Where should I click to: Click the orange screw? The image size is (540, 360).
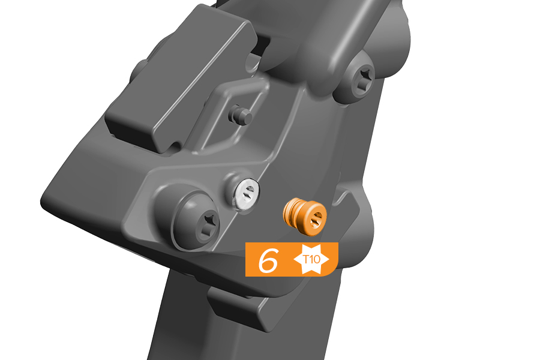(x=305, y=217)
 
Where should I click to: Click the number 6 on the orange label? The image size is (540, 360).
(x=268, y=260)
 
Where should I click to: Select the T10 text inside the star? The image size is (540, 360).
(x=311, y=259)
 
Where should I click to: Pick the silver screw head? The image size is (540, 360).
(x=246, y=193)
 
